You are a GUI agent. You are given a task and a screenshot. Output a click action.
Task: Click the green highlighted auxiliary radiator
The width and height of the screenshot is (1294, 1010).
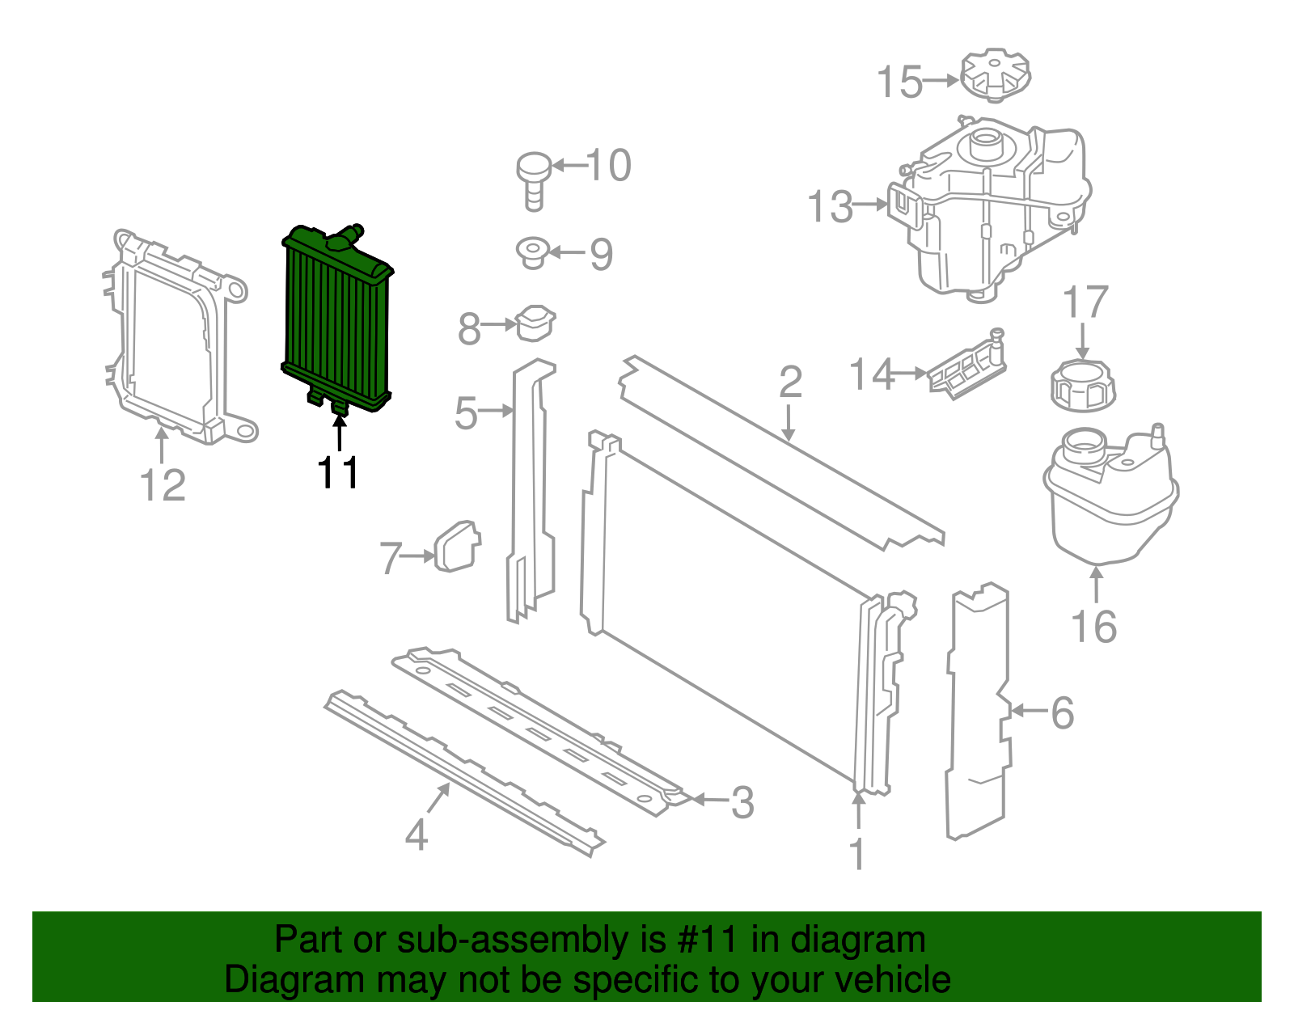click(336, 319)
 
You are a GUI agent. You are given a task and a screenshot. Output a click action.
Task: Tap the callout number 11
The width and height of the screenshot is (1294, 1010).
click(338, 473)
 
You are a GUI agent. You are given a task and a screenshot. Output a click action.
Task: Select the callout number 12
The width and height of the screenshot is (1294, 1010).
click(163, 485)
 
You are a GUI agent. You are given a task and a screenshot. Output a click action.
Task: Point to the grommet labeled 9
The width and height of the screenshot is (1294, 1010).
click(533, 252)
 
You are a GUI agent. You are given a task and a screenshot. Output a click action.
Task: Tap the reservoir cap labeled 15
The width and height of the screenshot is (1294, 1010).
click(996, 76)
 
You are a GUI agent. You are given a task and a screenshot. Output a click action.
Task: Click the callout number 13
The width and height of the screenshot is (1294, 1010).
click(831, 207)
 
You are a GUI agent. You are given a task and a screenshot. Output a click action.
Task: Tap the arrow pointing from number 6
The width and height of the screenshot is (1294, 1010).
click(1029, 711)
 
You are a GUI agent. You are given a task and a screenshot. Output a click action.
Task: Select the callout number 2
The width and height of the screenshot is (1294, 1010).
click(790, 382)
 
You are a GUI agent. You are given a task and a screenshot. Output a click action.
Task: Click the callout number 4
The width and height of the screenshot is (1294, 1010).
click(416, 834)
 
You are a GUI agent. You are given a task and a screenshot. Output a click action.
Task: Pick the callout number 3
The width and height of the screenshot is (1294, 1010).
click(742, 802)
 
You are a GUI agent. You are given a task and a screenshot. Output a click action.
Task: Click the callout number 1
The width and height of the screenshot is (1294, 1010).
click(857, 854)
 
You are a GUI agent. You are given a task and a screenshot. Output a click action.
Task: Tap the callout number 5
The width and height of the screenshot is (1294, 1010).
click(466, 412)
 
